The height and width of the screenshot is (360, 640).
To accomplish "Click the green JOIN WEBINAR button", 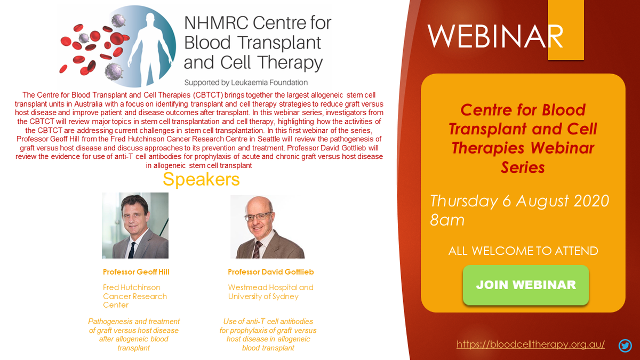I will pyautogui.click(x=525, y=285).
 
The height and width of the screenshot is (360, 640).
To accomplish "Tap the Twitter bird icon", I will pyautogui.click(x=625, y=346).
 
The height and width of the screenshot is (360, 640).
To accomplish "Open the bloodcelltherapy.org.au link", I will pyautogui.click(x=531, y=344).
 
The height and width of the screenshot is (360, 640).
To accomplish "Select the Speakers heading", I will pyautogui.click(x=201, y=180).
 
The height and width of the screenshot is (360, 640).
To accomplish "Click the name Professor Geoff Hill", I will pyautogui.click(x=136, y=272).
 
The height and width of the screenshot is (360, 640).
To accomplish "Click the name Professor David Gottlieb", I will pyautogui.click(x=271, y=272).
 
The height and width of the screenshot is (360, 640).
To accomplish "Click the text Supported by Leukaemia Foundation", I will pyautogui.click(x=246, y=83).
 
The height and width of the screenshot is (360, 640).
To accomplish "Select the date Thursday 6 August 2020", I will pyautogui.click(x=519, y=201).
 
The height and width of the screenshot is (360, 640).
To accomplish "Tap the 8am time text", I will pyautogui.click(x=447, y=220).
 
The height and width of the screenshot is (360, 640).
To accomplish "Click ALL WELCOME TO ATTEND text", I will pyautogui.click(x=523, y=251).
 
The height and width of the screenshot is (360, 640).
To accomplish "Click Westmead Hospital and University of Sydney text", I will pyautogui.click(x=270, y=292).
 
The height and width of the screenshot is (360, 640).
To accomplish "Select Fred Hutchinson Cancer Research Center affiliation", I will pyautogui.click(x=135, y=296).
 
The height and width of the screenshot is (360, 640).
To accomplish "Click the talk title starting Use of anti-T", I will pyautogui.click(x=268, y=334).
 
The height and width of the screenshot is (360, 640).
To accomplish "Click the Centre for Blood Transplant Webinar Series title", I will pyautogui.click(x=523, y=138).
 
